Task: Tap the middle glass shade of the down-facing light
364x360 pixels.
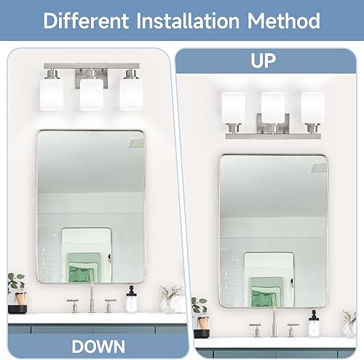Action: pyautogui.click(x=90, y=93)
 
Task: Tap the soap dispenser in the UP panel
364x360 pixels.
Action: pyautogui.click(x=314, y=324)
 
